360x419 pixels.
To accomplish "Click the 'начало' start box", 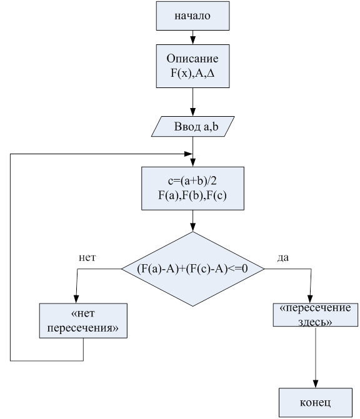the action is (192, 16).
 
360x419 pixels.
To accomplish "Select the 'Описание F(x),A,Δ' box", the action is (192, 66).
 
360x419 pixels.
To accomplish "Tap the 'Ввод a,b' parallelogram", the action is (192, 126).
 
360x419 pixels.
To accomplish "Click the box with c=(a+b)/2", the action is (192, 189).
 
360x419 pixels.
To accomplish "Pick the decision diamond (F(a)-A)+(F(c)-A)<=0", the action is (193, 269).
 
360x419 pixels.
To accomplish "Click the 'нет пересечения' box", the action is (83, 321).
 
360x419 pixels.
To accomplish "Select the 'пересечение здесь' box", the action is (316, 315).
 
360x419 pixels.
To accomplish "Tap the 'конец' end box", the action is (316, 402).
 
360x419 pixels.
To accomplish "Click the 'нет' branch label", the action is (87, 257).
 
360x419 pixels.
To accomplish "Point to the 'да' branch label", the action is (283, 257).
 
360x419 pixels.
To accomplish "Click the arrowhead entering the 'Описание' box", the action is (192, 41).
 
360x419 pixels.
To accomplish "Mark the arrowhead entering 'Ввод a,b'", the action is (192, 112).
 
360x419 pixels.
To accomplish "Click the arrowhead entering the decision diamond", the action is (192, 227).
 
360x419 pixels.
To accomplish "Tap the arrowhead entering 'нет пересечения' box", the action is (76, 299).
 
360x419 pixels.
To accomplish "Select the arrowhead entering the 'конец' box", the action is (316, 384).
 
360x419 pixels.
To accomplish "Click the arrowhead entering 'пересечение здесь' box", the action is (310, 299).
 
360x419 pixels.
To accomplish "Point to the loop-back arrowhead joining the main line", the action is (188, 154).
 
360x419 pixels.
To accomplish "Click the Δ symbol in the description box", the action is (211, 73).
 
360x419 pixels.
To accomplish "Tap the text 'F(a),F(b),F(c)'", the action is (192, 195).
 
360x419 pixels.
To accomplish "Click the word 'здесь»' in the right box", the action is (316, 322).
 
